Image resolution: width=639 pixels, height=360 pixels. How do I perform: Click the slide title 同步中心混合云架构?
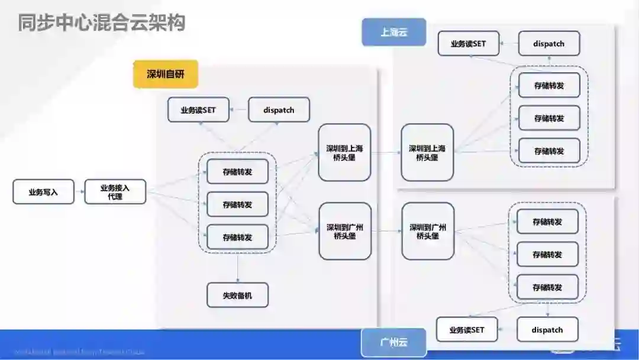(101, 22)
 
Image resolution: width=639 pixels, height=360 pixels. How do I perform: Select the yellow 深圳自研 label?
(166, 74)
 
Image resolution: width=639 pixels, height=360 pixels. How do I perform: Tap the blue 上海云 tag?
(394, 32)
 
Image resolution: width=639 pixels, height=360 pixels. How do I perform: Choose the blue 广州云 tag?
(393, 342)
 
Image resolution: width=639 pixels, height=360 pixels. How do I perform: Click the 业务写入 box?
(43, 192)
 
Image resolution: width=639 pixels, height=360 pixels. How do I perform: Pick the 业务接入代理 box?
(115, 192)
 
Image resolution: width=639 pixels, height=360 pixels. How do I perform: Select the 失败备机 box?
(237, 295)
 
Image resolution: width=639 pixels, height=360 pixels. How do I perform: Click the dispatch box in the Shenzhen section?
(279, 110)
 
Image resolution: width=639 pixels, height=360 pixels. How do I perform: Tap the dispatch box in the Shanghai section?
(548, 43)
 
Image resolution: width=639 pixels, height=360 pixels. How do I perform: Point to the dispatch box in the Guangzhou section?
(547, 330)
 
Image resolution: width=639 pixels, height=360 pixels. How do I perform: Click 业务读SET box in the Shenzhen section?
(198, 110)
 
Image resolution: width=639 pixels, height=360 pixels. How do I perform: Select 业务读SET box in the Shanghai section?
(468, 43)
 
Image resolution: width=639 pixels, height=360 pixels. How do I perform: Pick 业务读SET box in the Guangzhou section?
(467, 330)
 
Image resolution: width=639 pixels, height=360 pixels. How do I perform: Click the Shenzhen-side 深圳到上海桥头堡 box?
(344, 152)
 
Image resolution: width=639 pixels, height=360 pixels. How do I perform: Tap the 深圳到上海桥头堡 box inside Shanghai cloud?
(427, 152)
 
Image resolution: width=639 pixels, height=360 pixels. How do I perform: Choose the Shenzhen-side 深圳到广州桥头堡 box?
(345, 231)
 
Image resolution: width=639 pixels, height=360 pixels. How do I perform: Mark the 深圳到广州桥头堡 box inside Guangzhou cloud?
(428, 231)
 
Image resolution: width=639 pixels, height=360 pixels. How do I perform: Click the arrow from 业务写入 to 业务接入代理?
(79, 192)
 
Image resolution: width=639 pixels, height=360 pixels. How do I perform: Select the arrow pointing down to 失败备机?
(237, 268)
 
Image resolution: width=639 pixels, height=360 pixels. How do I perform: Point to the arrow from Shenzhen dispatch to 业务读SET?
(239, 110)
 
